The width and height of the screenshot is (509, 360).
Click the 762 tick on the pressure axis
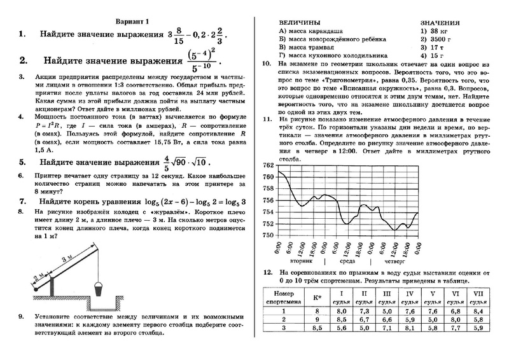[x=267, y=165]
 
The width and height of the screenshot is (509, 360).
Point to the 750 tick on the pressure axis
[x=267, y=235]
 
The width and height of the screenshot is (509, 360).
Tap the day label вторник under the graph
[x=300, y=261]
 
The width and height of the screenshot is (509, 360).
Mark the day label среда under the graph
[x=347, y=261]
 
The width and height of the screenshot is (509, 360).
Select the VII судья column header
[x=477, y=297]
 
